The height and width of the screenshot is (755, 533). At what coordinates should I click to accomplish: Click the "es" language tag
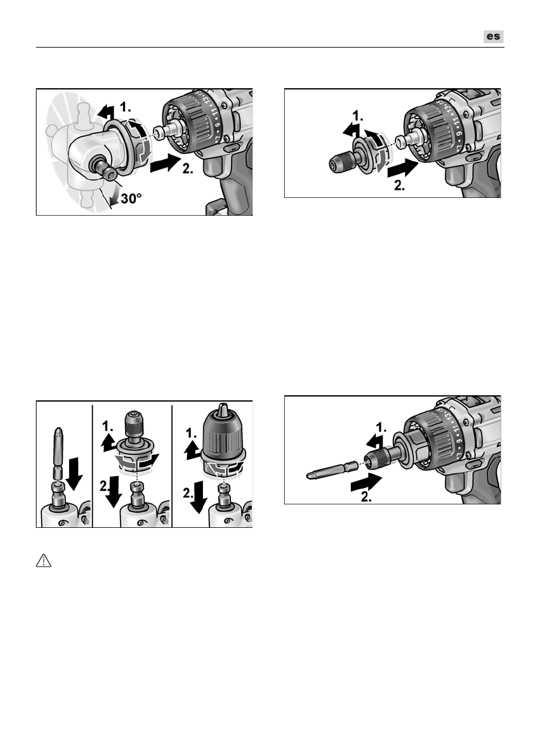[x=494, y=37]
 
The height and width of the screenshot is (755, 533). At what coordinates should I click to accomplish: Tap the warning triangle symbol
[x=43, y=560]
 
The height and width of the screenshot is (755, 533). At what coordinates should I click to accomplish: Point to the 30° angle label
[x=131, y=198]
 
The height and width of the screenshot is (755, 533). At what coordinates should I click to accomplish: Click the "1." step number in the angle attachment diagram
[x=125, y=107]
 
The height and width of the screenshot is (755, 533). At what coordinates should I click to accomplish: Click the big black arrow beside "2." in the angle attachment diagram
[x=166, y=163]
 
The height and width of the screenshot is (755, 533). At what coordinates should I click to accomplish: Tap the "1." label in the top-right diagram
[x=358, y=116]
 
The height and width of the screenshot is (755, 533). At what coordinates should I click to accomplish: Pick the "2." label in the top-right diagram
[x=400, y=185]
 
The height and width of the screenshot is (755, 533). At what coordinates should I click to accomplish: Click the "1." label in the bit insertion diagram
[x=381, y=427]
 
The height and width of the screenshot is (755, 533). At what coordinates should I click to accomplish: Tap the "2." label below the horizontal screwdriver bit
[x=366, y=497]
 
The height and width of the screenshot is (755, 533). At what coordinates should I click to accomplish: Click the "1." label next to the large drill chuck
[x=192, y=433]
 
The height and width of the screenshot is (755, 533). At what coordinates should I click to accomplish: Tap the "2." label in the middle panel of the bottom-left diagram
[x=105, y=487]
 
